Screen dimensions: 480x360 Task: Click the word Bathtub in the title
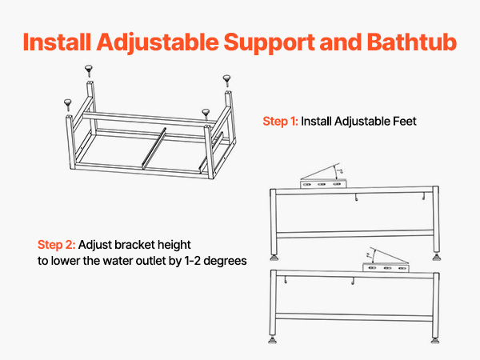[x=412, y=42]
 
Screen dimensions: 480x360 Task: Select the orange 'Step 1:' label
[x=280, y=122]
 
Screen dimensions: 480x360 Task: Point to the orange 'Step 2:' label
[x=56, y=245]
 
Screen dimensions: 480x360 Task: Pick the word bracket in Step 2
[x=134, y=245]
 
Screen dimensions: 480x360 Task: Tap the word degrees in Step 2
[x=225, y=261]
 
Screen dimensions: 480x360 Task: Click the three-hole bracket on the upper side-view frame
[x=323, y=184]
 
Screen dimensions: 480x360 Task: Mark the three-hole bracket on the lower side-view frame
[x=386, y=267]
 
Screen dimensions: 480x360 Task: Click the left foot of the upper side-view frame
[x=274, y=258]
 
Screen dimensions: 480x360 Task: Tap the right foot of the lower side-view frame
[x=435, y=340]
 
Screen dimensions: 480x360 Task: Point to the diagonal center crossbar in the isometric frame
[x=154, y=149]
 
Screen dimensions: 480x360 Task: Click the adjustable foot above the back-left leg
[x=89, y=70]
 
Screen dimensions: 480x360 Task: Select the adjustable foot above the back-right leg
[x=227, y=81]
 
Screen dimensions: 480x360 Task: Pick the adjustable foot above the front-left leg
[x=68, y=105]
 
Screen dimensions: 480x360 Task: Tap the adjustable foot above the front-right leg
[x=206, y=114]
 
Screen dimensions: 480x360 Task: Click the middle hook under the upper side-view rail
[x=356, y=198]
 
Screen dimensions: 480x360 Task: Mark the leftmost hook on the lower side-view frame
[x=286, y=280]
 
